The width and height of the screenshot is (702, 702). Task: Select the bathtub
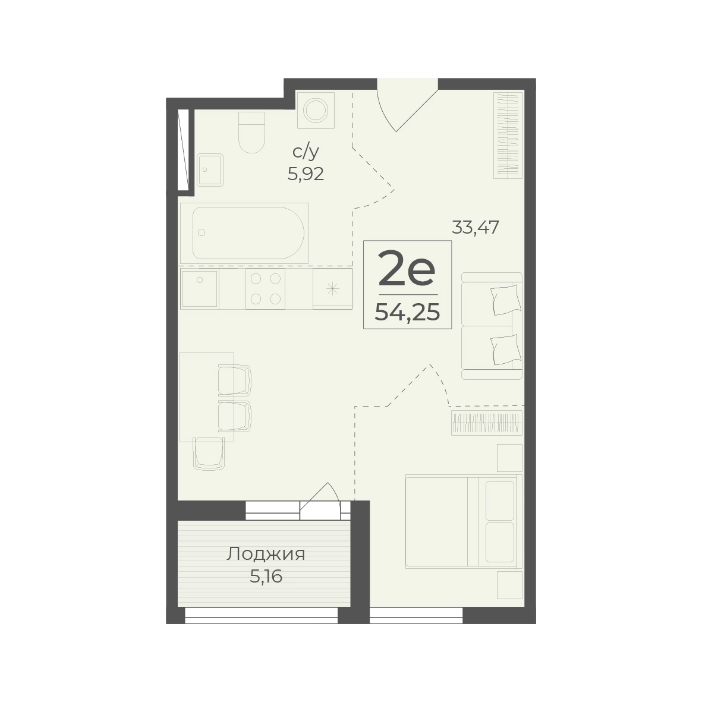tap(244, 233)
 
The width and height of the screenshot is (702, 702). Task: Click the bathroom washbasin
tap(210, 169)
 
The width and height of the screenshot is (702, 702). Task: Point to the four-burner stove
tap(266, 288)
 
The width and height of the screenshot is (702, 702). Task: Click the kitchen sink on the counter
tap(200, 288)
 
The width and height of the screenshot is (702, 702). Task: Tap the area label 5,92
tap(306, 174)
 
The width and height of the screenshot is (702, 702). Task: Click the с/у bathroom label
tap(306, 152)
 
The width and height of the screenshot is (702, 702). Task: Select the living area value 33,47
tap(475, 228)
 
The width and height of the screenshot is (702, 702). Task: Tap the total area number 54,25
tap(407, 311)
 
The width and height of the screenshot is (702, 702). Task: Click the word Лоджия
tap(266, 554)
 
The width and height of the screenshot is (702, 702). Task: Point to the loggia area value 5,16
tap(266, 577)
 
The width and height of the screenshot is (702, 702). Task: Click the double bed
tap(464, 521)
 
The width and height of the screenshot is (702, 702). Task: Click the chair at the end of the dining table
tap(209, 454)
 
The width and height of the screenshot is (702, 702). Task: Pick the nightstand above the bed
tap(509, 458)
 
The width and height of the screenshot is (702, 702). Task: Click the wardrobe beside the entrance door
tap(508, 135)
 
